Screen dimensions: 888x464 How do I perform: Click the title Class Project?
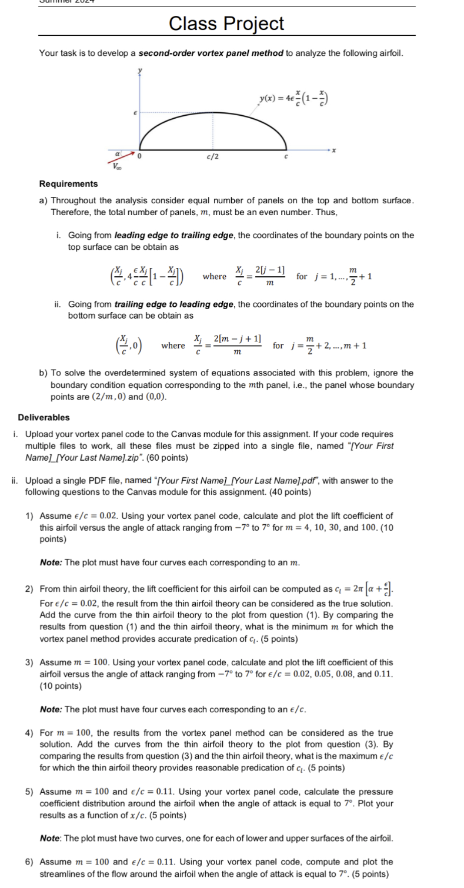pos(226,24)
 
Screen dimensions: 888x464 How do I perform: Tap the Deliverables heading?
pos(44,417)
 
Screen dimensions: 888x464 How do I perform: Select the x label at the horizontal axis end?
pos(333,150)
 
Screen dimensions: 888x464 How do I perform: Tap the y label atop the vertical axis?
pos(139,69)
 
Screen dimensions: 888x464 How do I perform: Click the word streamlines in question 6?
pos(64,873)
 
